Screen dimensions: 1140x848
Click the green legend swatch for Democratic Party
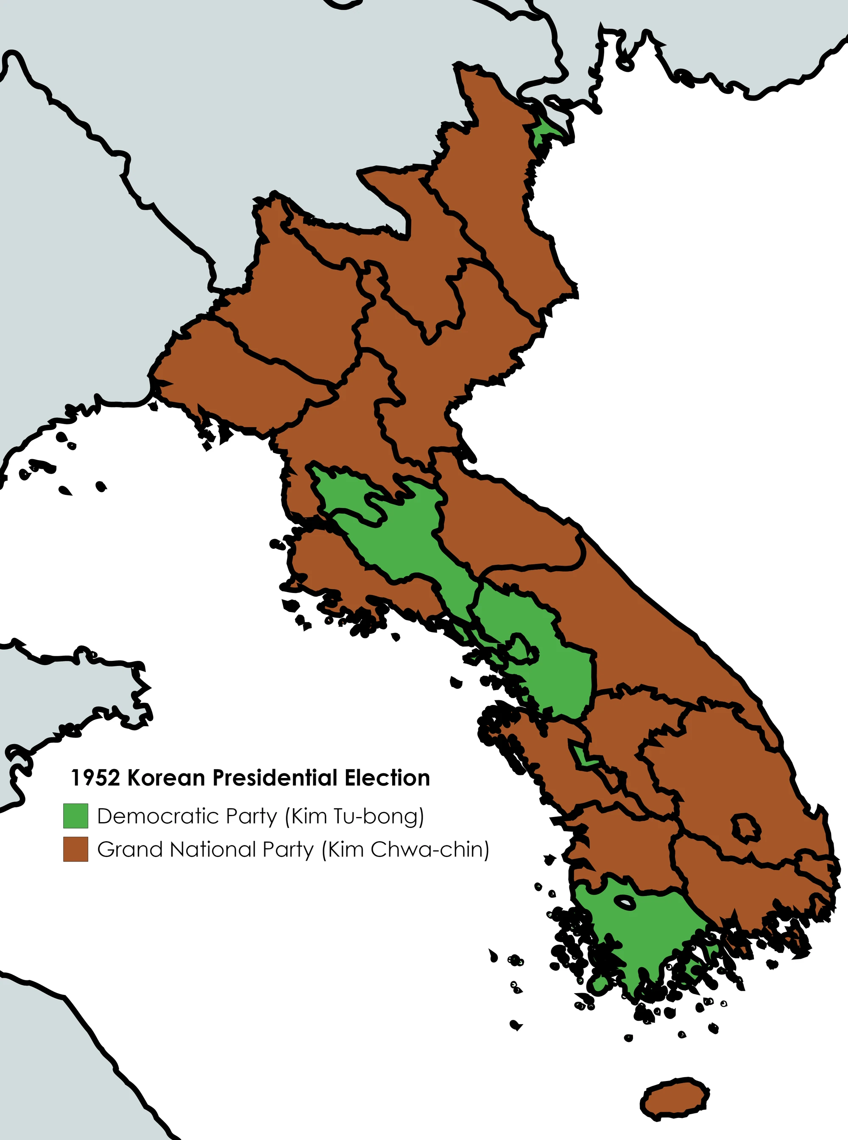pyautogui.click(x=75, y=816)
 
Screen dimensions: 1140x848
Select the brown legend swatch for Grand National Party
pyautogui.click(x=75, y=849)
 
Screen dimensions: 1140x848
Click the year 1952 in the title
pyautogui.click(x=95, y=778)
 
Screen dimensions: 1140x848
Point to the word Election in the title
pyautogui.click(x=387, y=778)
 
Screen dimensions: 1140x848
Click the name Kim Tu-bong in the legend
pyautogui.click(x=355, y=816)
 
